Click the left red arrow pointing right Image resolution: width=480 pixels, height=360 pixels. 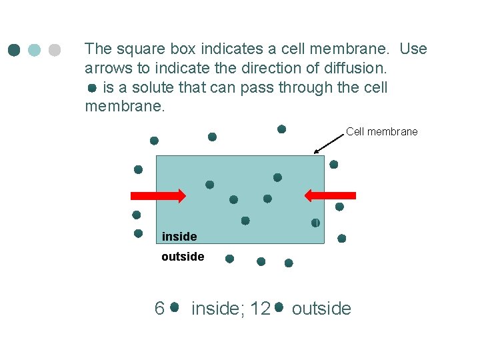pyautogui.click(x=157, y=195)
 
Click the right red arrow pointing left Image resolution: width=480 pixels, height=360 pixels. pyautogui.click(x=329, y=195)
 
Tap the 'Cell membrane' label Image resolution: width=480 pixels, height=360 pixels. pyautogui.click(x=381, y=131)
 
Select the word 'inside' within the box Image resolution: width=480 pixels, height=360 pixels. pyautogui.click(x=179, y=237)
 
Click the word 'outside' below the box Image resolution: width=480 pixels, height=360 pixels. pyautogui.click(x=183, y=257)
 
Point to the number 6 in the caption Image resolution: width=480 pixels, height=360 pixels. pyautogui.click(x=159, y=308)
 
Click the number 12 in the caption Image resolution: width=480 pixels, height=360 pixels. pyautogui.click(x=261, y=308)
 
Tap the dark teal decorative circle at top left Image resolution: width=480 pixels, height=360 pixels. pyautogui.click(x=14, y=50)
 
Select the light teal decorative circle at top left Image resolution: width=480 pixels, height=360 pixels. pyautogui.click(x=35, y=50)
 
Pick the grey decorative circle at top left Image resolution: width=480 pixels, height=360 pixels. pyautogui.click(x=55, y=50)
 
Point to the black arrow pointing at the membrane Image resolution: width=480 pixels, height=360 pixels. pyautogui.click(x=327, y=143)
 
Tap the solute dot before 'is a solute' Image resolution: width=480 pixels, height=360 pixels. pyautogui.click(x=92, y=88)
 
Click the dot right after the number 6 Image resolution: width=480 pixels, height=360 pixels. pyautogui.click(x=174, y=307)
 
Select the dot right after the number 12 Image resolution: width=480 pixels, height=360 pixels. pyautogui.click(x=279, y=307)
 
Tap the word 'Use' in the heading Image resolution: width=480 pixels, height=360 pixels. pyautogui.click(x=413, y=49)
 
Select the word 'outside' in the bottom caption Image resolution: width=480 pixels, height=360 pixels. pyautogui.click(x=321, y=308)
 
